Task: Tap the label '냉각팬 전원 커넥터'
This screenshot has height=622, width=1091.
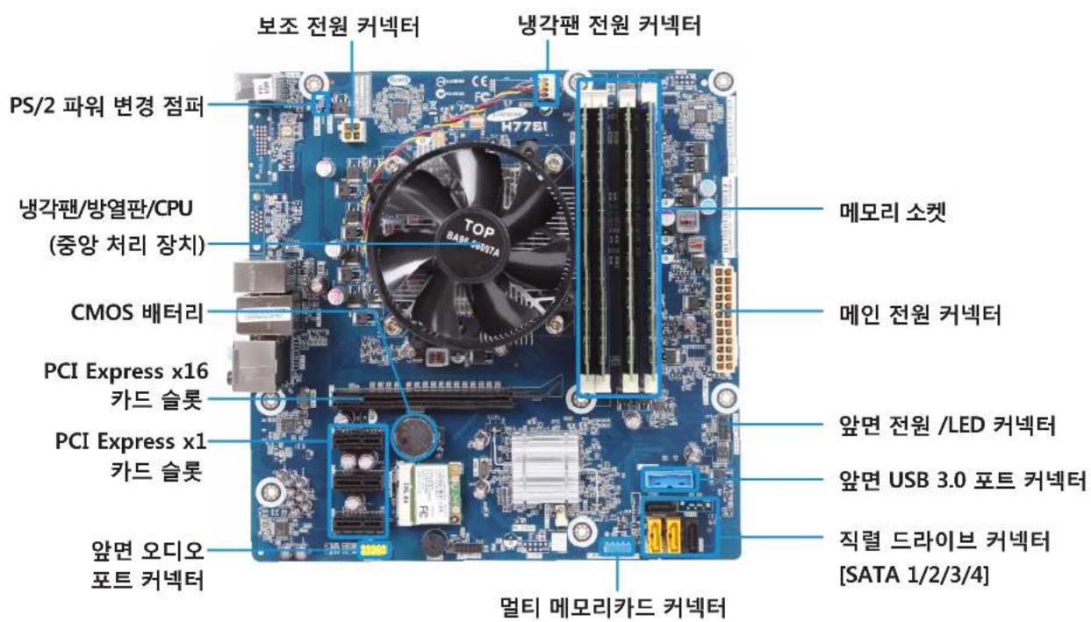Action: pos(608,27)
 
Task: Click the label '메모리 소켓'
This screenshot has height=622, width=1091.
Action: pos(883,213)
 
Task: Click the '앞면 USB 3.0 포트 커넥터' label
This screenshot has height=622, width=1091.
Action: pos(958,481)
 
